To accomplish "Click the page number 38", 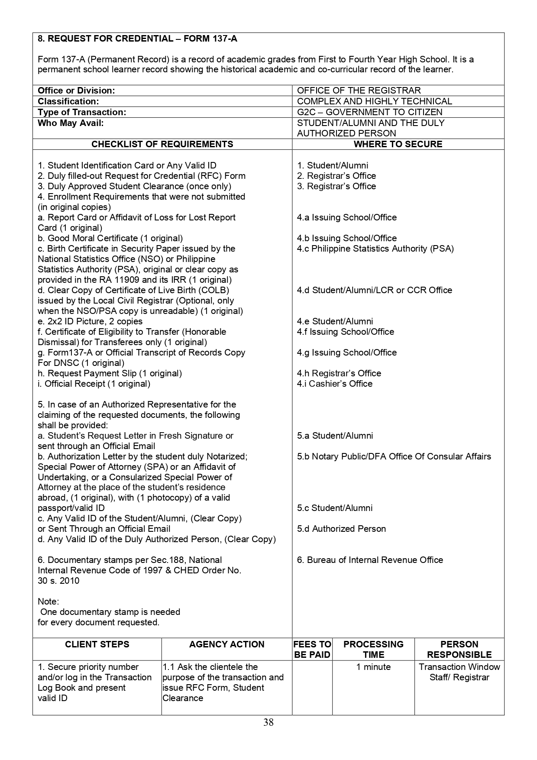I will [x=268, y=722].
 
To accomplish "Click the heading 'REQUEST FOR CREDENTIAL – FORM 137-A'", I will [x=137, y=39].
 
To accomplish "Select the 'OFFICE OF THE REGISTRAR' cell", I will [x=359, y=91].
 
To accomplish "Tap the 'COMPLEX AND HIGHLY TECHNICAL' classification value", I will [x=374, y=101].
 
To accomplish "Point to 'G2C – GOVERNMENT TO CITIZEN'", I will [x=369, y=112].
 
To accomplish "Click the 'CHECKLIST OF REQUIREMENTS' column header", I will [x=162, y=144].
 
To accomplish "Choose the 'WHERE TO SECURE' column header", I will [x=398, y=144].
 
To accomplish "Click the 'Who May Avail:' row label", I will [x=71, y=123].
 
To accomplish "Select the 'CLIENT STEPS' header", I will [x=97, y=644].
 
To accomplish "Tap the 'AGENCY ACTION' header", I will [x=226, y=644].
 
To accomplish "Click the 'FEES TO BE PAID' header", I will [x=312, y=649].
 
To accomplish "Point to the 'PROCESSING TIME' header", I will [x=373, y=649].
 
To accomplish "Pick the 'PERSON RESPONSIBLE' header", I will [x=459, y=649].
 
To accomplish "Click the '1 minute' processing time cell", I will [x=373, y=667].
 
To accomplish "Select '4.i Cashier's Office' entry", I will [x=334, y=384].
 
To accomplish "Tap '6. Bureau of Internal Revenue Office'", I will [x=370, y=560].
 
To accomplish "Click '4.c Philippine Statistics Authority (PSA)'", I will [x=375, y=249].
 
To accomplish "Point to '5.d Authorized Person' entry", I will [x=341, y=529].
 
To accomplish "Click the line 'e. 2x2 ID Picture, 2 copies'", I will [x=90, y=321].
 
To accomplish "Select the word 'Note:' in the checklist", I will [x=49, y=602].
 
